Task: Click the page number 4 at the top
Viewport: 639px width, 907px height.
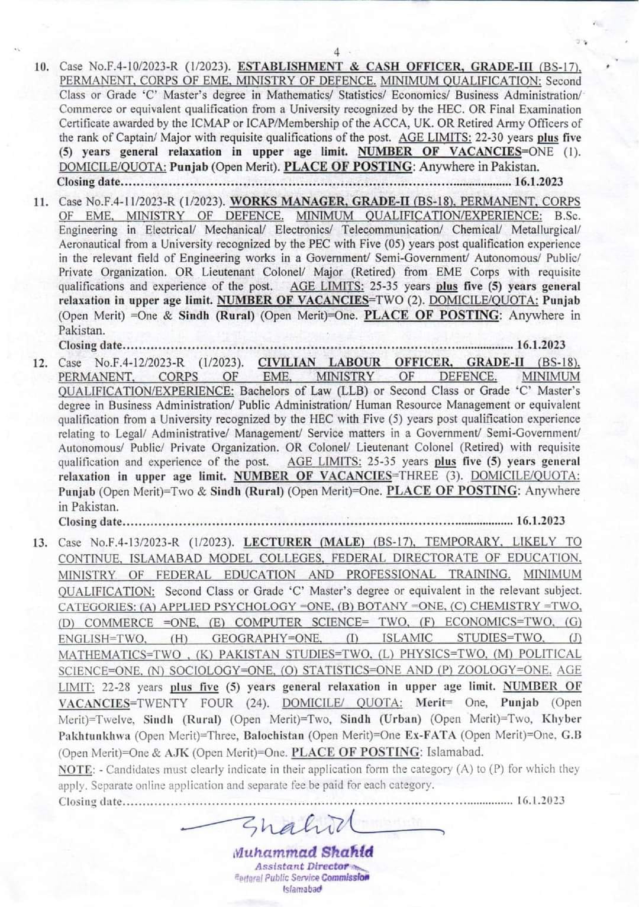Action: click(x=337, y=52)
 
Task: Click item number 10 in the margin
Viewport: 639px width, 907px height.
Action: click(x=40, y=67)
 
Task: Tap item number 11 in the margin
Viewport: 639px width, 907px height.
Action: click(x=40, y=202)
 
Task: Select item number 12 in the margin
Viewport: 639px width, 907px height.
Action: click(x=40, y=362)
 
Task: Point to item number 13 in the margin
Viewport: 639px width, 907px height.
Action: click(x=40, y=542)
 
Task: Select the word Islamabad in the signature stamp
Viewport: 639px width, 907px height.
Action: click(x=302, y=890)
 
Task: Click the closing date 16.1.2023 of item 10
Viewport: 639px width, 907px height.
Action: click(x=539, y=182)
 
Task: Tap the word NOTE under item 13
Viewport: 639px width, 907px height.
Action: click(x=75, y=769)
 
